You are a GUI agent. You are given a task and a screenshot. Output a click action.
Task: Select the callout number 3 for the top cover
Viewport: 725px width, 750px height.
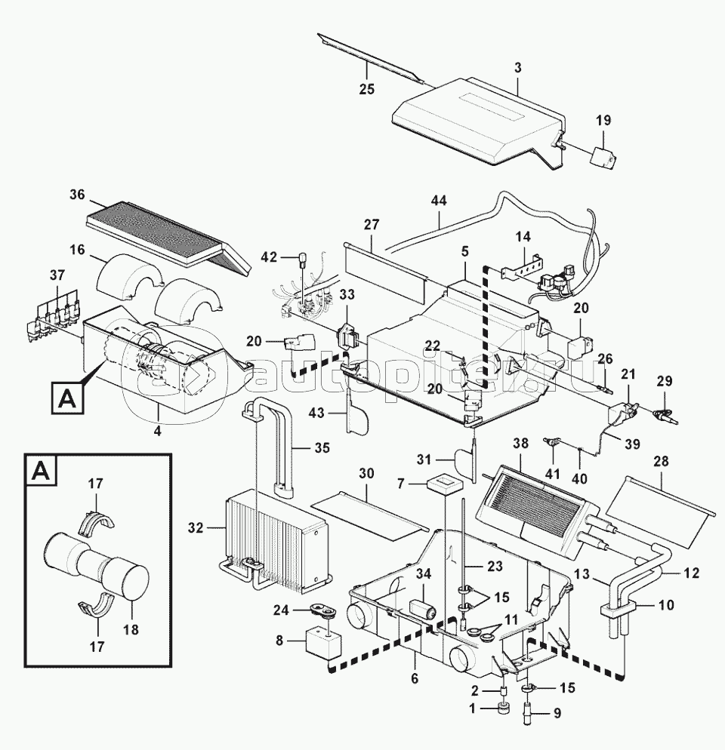517,68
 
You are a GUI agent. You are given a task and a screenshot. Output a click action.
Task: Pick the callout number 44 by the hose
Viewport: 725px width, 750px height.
438,200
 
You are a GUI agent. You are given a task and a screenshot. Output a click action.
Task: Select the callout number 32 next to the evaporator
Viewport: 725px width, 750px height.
196,528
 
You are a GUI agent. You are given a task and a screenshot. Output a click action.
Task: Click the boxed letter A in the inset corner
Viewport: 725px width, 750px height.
38,473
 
